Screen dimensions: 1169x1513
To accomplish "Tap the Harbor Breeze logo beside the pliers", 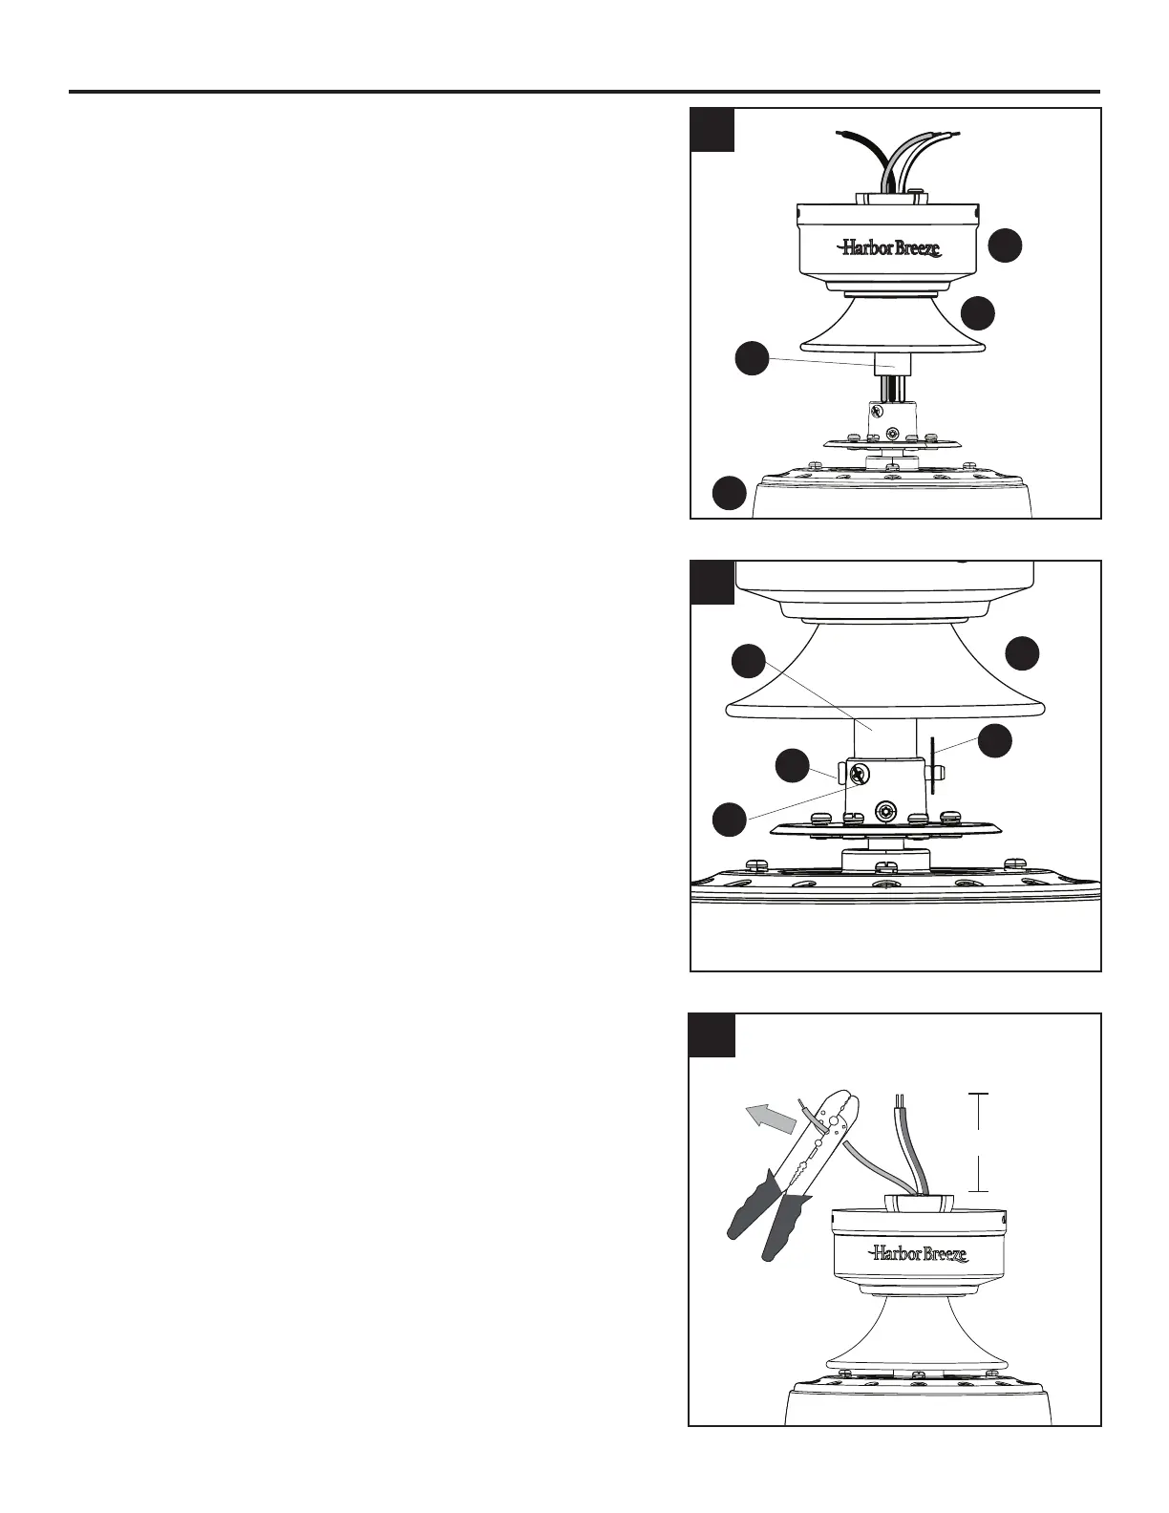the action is click(x=918, y=1253).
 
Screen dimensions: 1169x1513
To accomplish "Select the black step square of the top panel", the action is click(x=712, y=129).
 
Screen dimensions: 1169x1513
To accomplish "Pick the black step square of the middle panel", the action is click(x=712, y=582).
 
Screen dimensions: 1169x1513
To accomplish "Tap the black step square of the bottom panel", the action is click(x=712, y=1035).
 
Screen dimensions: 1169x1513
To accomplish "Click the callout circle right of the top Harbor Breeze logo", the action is click(x=1005, y=245).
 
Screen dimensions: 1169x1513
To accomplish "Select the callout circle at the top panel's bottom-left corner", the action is click(x=730, y=493).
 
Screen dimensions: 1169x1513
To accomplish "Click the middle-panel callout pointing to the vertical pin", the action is click(x=996, y=742).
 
